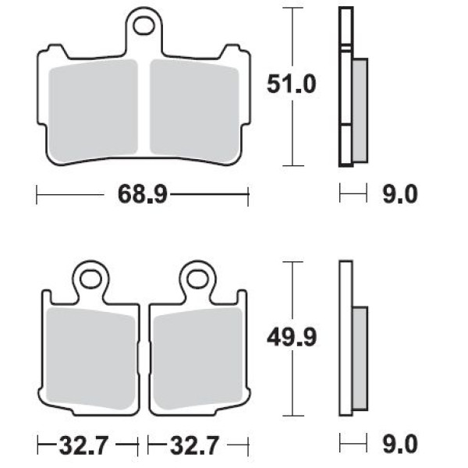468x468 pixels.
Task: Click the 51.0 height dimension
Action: tap(291, 84)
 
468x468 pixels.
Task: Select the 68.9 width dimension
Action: tap(143, 194)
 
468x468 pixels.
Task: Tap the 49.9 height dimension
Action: tap(291, 338)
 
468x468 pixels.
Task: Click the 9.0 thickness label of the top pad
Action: tap(400, 194)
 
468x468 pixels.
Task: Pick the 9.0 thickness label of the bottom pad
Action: tap(400, 445)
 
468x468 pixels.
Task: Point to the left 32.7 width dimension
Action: tap(83, 445)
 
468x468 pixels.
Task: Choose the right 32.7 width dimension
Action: tap(194, 445)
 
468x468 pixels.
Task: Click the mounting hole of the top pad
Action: tap(144, 26)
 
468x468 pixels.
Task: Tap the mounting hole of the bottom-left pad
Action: tap(90, 279)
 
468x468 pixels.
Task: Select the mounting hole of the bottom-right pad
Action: tap(197, 279)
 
